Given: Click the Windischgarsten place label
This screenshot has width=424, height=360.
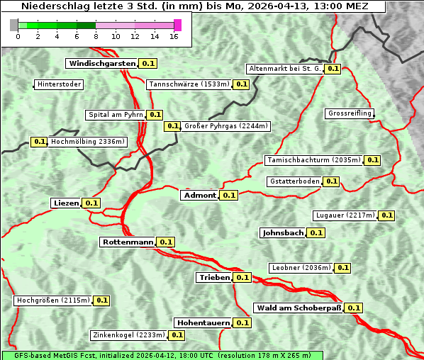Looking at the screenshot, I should (x=101, y=64).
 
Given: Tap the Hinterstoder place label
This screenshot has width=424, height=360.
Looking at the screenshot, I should (x=59, y=85).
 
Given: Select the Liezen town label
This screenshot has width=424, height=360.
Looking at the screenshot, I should (x=65, y=203).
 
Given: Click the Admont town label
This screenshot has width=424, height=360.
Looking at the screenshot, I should (x=199, y=196).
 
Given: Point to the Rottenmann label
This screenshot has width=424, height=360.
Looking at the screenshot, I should (x=127, y=242).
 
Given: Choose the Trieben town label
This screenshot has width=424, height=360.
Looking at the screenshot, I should (x=214, y=278).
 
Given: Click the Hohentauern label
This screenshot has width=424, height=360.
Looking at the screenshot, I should (x=203, y=322).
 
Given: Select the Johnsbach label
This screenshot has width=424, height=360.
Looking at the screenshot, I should (x=282, y=232).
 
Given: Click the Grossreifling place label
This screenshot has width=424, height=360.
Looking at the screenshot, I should (x=350, y=114).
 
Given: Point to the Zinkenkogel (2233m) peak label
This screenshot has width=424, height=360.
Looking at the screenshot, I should (x=128, y=335).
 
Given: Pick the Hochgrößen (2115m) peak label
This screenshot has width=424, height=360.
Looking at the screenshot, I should (x=53, y=300).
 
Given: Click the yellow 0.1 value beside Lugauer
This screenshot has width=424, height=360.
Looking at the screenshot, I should (x=386, y=215).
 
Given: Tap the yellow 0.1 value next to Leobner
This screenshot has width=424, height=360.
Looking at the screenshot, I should (x=342, y=268).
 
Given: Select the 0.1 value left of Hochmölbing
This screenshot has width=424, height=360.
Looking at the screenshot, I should (x=40, y=142).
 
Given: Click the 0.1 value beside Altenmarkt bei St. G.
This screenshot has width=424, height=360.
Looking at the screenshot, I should (x=333, y=69).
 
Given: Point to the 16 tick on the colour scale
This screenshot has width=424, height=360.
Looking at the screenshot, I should (x=174, y=36).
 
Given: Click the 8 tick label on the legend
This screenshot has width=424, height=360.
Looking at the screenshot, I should (x=95, y=36).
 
